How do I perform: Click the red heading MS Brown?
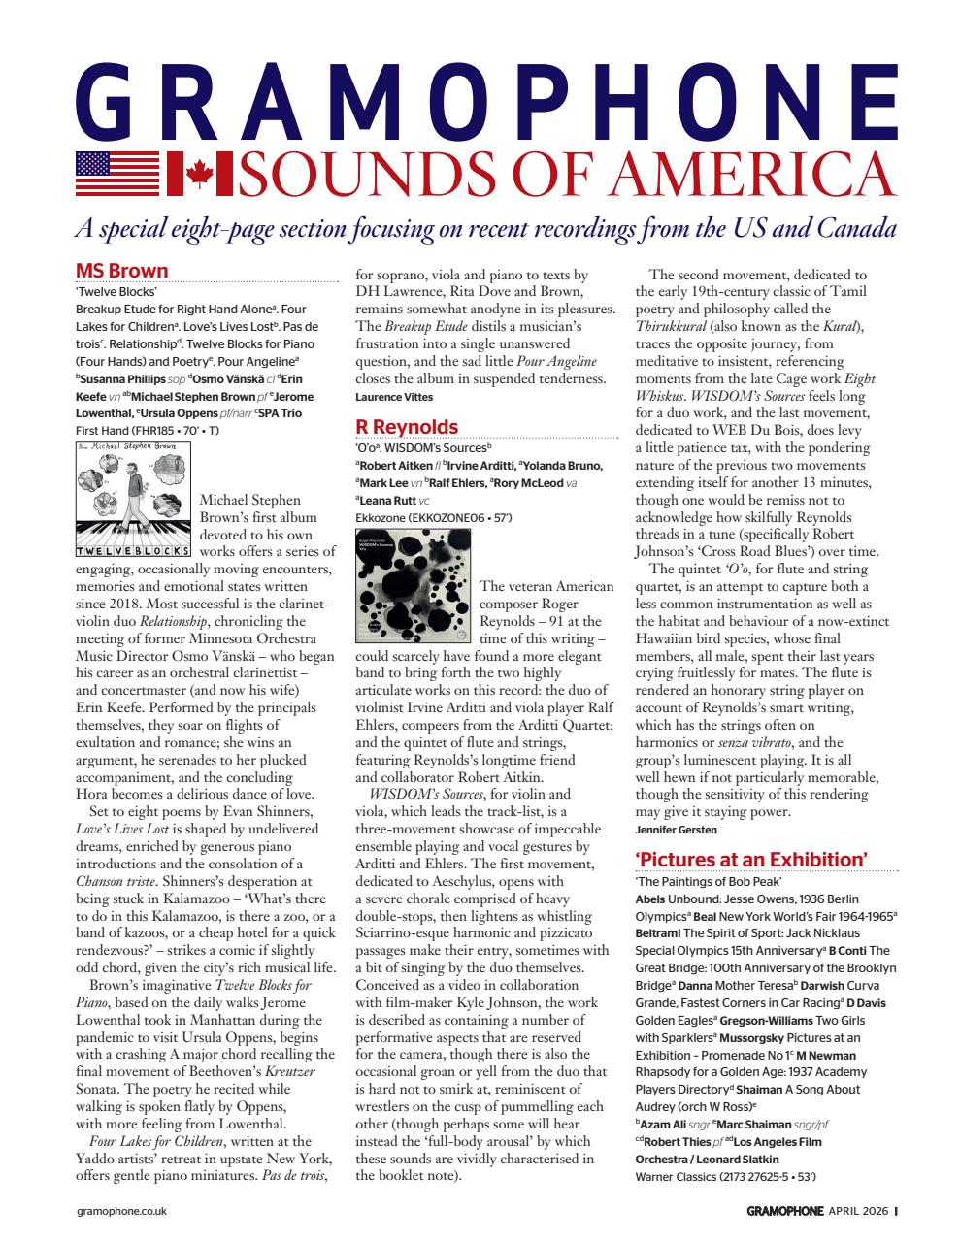tap(121, 271)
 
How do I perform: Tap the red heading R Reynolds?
tap(406, 427)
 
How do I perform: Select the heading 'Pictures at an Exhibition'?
tap(750, 860)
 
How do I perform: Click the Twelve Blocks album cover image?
tap(133, 501)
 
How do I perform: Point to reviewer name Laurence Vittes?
tap(393, 397)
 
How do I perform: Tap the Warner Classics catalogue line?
tap(724, 1177)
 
